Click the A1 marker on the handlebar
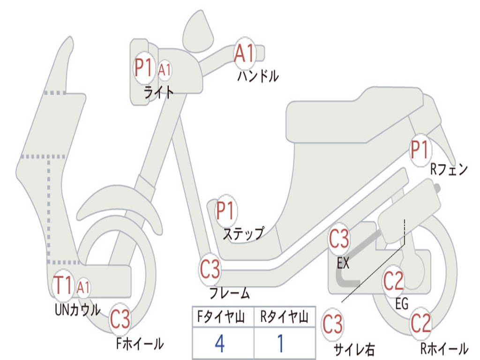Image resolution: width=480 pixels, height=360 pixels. click(244, 53)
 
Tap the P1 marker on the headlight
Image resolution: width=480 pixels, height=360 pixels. click(144, 68)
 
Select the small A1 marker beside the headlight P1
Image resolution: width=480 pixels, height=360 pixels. click(165, 70)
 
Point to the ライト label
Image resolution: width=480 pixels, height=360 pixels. click(158, 92)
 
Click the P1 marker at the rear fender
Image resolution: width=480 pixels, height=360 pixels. click(420, 150)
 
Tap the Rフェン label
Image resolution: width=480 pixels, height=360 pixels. click(449, 170)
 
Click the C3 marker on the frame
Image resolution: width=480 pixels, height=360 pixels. click(210, 269)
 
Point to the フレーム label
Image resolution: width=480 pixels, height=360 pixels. click(230, 294)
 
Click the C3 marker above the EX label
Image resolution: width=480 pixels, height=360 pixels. click(339, 239)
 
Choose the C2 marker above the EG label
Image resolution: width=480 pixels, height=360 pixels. click(393, 281)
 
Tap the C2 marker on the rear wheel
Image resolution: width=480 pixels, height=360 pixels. click(420, 323)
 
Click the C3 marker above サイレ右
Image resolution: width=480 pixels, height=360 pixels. click(332, 324)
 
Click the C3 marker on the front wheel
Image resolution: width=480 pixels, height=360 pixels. click(120, 320)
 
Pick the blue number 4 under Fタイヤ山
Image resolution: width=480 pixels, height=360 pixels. click(220, 344)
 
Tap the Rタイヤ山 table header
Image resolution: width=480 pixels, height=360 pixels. click(284, 318)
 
